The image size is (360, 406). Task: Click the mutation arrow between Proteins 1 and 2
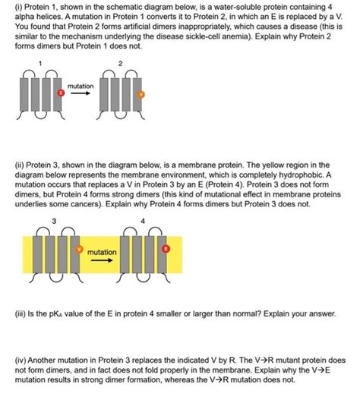81,97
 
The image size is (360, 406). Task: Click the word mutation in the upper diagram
81,87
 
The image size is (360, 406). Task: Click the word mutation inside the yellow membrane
102,251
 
